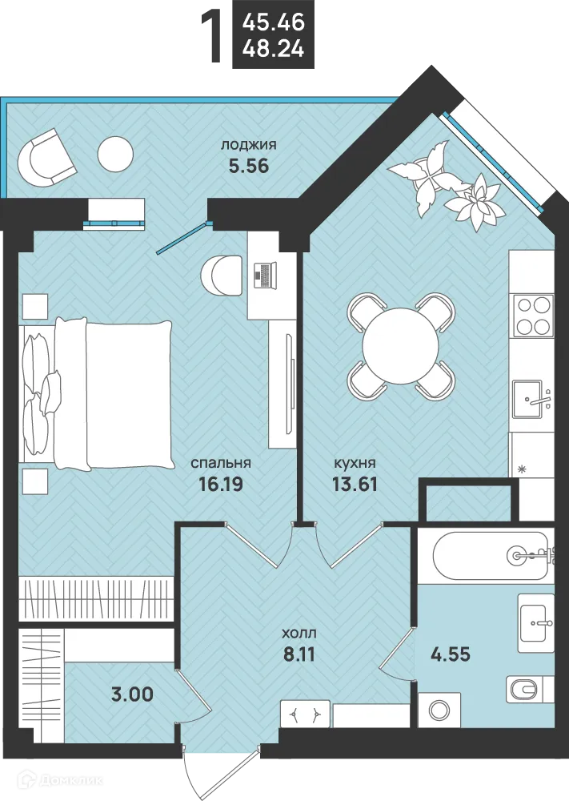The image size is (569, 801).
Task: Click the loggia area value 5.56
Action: [249, 166]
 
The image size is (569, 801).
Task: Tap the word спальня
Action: [221, 463]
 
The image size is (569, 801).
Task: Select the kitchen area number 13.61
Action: [355, 483]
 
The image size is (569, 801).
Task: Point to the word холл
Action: [299, 634]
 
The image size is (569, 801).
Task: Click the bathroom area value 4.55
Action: [449, 654]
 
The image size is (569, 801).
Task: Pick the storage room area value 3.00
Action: [132, 694]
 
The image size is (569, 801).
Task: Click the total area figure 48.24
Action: [274, 50]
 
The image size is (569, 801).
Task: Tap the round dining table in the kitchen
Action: [400, 346]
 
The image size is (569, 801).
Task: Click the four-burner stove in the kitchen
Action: [533, 316]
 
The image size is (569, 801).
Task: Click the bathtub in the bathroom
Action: [491, 556]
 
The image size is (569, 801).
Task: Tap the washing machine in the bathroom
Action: [439, 710]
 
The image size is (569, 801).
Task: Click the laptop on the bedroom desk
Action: [265, 275]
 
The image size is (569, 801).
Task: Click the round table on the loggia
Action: [115, 154]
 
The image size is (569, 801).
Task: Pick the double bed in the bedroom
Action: [97, 393]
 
